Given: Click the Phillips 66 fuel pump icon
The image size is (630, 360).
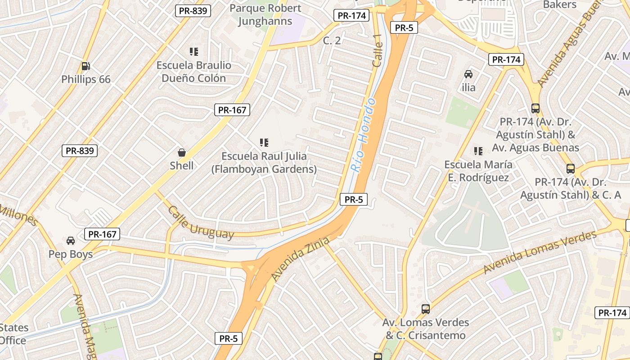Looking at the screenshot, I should click(x=85, y=66).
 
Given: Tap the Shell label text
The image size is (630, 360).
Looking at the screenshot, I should click(x=182, y=166).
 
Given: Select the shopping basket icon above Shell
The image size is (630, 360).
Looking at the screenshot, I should click(x=182, y=153).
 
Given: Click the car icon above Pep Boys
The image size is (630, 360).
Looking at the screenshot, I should click(x=71, y=241).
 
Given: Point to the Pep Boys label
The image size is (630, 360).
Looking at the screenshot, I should click(x=71, y=254).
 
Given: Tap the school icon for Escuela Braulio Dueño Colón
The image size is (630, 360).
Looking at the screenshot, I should click(x=194, y=52).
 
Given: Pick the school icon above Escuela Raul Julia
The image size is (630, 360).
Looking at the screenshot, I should click(x=264, y=143).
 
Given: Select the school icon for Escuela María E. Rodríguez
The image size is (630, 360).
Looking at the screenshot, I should click(x=478, y=151).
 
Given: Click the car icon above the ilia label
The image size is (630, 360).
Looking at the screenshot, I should click(x=468, y=74).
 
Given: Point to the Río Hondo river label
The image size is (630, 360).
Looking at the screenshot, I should click(x=364, y=135).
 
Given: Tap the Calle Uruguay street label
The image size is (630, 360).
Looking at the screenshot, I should click(x=201, y=222).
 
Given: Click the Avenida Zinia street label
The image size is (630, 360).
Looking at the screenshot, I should click(x=301, y=260).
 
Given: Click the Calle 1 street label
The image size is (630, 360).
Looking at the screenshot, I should click(x=378, y=54).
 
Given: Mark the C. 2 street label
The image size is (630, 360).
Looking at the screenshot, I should click(x=332, y=40).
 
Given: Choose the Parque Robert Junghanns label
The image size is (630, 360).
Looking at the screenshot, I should click(x=265, y=14).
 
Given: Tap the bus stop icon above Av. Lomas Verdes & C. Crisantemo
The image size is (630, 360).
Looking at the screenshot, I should click(x=426, y=309).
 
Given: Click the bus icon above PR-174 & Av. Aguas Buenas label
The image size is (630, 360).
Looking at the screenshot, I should click(x=535, y=108).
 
